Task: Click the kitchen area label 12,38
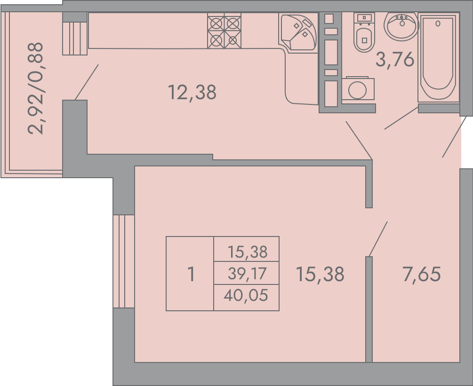click(x=192, y=92)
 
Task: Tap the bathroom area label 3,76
click(x=395, y=59)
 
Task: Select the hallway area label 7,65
click(x=421, y=274)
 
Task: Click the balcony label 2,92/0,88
click(x=35, y=88)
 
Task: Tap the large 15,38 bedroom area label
click(x=320, y=274)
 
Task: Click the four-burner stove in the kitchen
click(x=224, y=31)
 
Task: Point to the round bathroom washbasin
click(x=401, y=25)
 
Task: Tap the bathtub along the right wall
click(x=438, y=57)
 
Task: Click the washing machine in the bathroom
click(x=358, y=88)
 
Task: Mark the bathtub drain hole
click(x=438, y=23)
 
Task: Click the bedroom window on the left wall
click(x=124, y=261)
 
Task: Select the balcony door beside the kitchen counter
click(x=75, y=34)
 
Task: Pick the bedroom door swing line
click(x=378, y=239)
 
